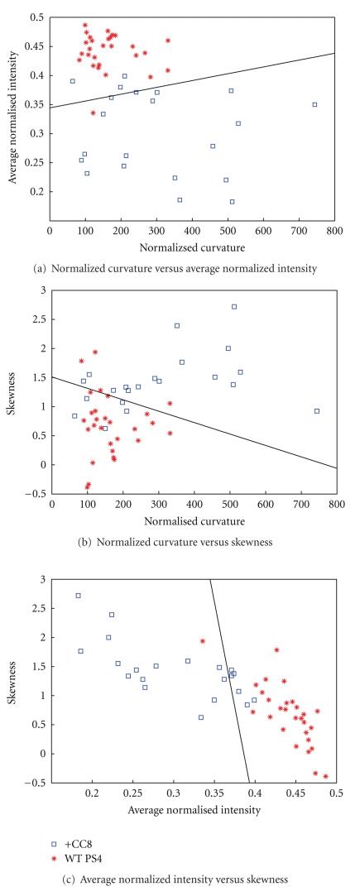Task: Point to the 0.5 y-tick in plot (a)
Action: [37, 17]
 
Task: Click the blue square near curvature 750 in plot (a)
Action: [314, 104]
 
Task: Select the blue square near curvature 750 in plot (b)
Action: [316, 411]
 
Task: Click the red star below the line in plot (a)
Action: [93, 113]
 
